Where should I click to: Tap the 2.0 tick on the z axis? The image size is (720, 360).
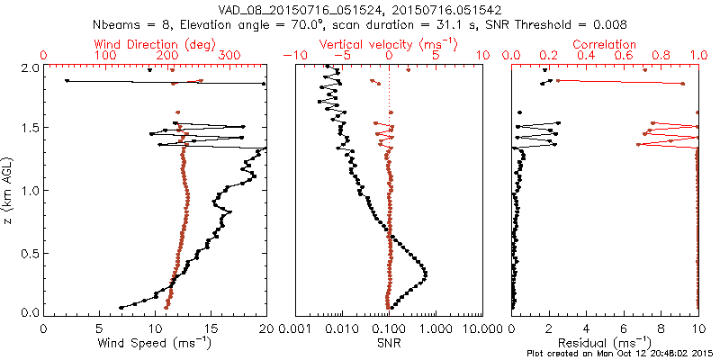pos(30,67)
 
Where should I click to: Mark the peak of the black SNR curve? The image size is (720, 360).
pos(426,274)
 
